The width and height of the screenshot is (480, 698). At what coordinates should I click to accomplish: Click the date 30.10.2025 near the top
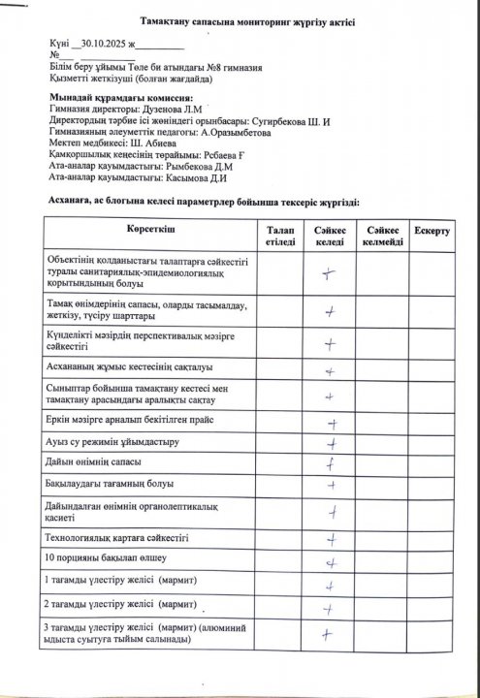click(103, 45)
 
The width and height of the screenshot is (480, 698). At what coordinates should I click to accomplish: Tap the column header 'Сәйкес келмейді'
click(382, 235)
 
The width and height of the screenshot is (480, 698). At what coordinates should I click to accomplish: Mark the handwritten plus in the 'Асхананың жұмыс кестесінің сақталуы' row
click(330, 370)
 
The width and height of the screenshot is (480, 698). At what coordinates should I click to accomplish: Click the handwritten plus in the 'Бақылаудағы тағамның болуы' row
click(331, 484)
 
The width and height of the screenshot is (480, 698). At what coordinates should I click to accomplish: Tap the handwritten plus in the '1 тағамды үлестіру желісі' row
click(331, 586)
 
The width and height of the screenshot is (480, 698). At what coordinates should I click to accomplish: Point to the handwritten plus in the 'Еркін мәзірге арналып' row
click(332, 423)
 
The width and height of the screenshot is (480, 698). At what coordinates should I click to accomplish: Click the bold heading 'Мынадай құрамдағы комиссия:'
click(121, 98)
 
